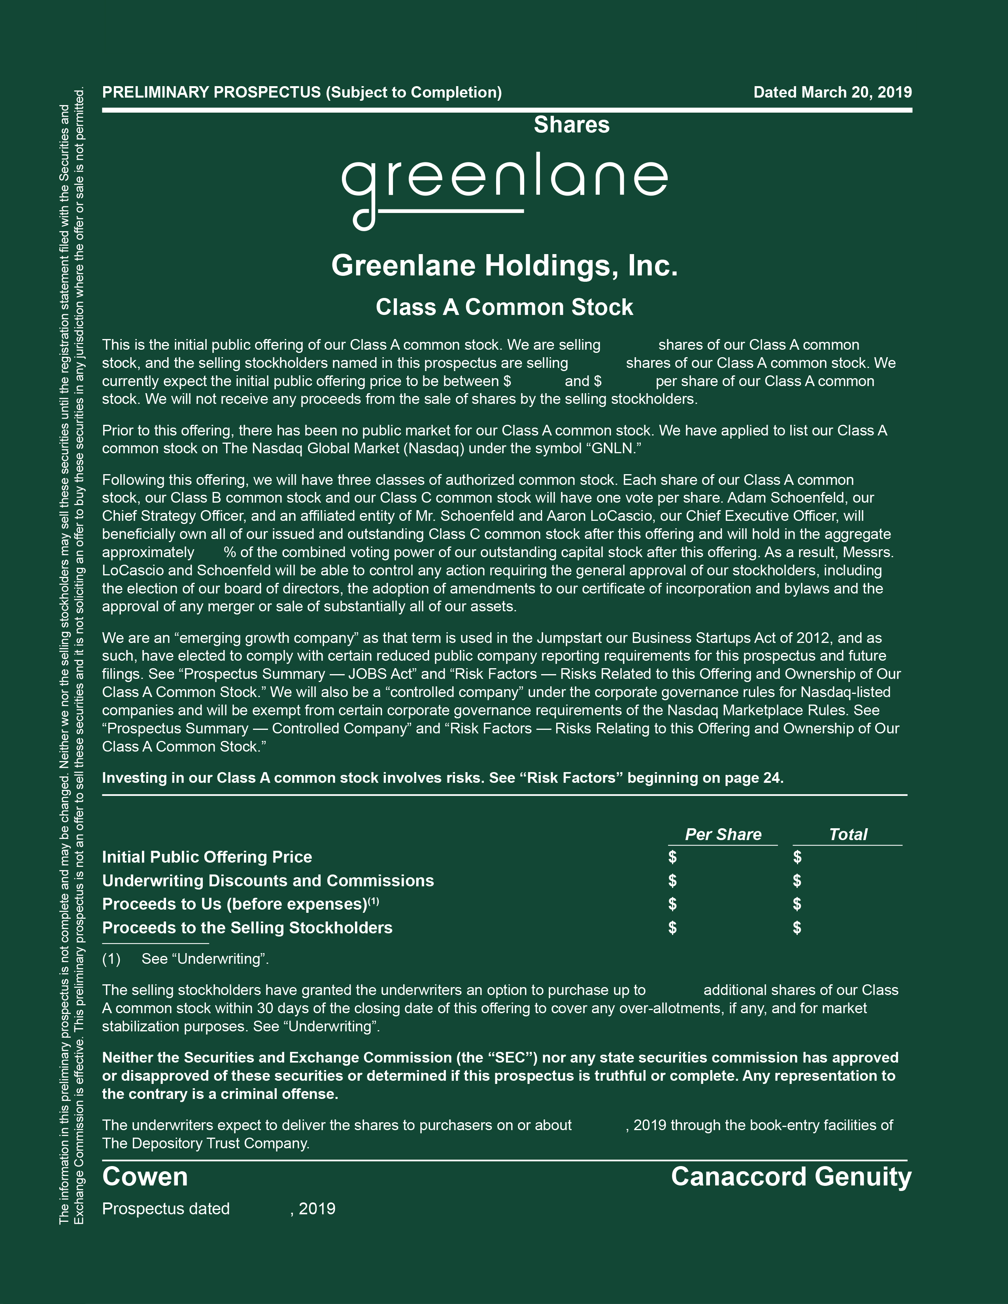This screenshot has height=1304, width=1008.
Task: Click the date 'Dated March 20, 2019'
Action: [832, 92]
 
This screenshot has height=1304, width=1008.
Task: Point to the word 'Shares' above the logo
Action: [572, 125]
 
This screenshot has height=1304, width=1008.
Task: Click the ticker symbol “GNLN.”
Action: [615, 448]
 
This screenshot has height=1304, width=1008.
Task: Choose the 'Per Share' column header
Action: [723, 834]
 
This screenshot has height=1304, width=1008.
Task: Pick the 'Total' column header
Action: [848, 834]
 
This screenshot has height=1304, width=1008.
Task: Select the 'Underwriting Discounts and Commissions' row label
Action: [268, 881]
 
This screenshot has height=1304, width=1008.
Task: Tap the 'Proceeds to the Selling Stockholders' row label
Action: [247, 927]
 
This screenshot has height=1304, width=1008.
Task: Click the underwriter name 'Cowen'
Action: [145, 1177]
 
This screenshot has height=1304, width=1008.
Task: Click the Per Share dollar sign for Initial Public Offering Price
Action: [672, 857]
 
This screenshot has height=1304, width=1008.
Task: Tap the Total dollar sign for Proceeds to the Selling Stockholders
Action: [797, 927]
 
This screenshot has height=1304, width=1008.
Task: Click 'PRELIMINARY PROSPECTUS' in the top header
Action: [211, 92]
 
